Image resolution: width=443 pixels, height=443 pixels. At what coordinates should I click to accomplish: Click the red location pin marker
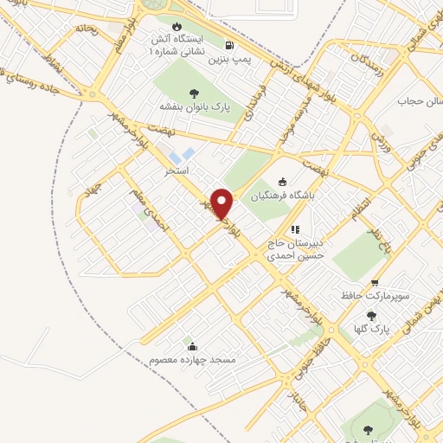click(222, 203)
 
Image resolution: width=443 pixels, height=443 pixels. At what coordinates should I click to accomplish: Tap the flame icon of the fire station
click(178, 26)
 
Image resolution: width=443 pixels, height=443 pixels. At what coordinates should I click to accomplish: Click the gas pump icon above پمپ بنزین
click(228, 45)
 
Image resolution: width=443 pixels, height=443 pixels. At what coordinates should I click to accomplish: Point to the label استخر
click(177, 172)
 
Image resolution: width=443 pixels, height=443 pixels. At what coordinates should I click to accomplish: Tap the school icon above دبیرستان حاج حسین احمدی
click(295, 230)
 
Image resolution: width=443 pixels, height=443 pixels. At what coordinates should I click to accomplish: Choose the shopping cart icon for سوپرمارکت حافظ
click(375, 283)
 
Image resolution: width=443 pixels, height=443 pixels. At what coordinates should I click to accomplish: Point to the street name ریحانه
click(87, 29)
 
